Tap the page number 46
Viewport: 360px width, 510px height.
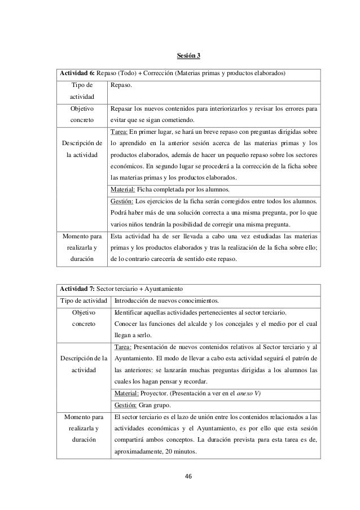[188, 476]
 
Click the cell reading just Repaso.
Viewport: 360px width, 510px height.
[121, 85]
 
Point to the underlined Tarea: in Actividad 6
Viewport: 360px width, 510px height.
[121, 131]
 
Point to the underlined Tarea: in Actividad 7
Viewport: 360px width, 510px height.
[124, 347]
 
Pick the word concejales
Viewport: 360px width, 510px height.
[230, 324]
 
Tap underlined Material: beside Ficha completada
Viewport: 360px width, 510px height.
[125, 190]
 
